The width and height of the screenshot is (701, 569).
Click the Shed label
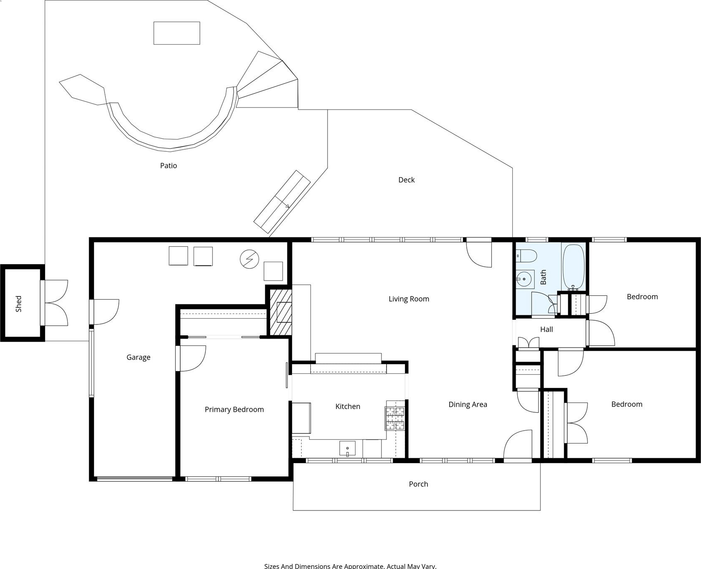[18, 304]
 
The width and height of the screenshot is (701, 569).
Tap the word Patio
[169, 166]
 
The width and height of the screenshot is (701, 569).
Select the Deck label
[407, 180]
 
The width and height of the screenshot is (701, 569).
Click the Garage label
[138, 357]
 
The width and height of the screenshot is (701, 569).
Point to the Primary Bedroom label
[234, 410]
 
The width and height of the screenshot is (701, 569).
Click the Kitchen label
[348, 406]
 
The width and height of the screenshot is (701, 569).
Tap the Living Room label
[409, 299]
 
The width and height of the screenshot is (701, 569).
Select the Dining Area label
[468, 404]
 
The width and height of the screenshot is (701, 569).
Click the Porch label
[418, 484]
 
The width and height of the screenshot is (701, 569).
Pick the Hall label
[546, 329]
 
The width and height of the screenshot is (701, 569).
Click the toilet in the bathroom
[526, 255]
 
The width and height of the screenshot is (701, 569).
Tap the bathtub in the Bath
[573, 267]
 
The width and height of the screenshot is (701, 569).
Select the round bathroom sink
[524, 278]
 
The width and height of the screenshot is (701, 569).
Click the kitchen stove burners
[395, 418]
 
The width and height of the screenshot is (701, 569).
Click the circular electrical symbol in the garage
[249, 259]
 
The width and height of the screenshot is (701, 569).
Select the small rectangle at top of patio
[177, 33]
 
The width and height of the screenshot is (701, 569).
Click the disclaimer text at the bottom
[350, 566]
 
